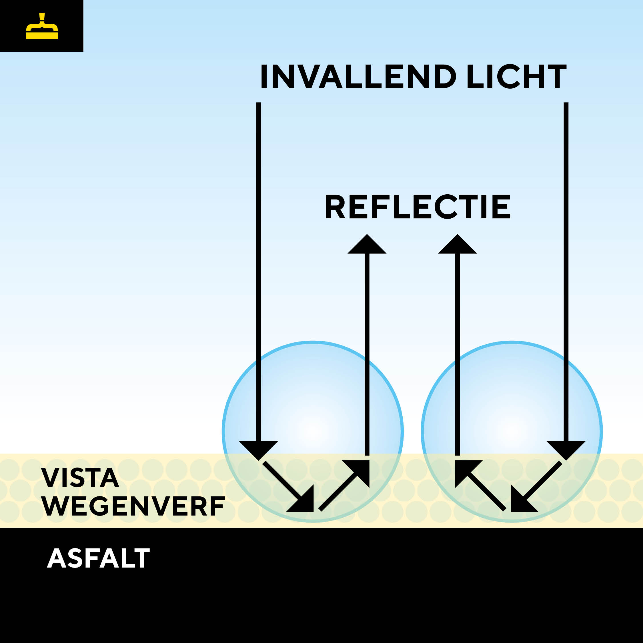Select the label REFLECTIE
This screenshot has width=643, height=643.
pyautogui.click(x=418, y=207)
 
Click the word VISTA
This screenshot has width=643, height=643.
pyautogui.click(x=80, y=478)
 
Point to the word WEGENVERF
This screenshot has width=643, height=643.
pyautogui.click(x=133, y=506)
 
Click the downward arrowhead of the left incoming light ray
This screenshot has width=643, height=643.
pyautogui.click(x=258, y=450)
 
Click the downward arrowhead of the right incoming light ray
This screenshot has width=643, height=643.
pyautogui.click(x=566, y=450)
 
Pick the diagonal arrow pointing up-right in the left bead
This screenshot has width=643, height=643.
pyautogui.click(x=344, y=486)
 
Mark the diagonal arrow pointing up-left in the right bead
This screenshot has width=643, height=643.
pyautogui.click(x=481, y=486)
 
